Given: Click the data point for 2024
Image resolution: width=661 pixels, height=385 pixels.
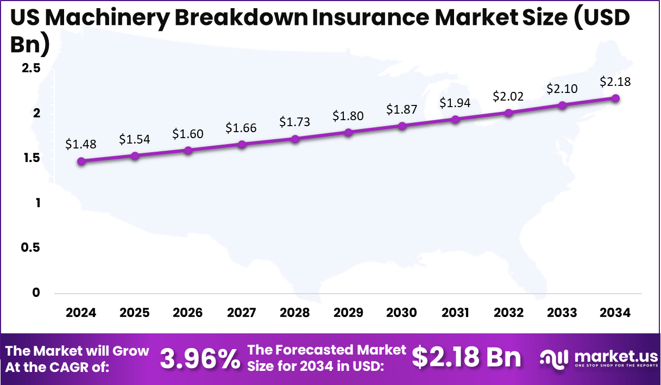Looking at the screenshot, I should [81, 161].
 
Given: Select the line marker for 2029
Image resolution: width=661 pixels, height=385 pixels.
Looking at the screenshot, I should [349, 132].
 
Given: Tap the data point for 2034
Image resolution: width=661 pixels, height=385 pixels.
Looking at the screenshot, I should [615, 98].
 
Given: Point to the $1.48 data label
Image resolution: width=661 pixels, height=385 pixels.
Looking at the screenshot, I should [81, 144].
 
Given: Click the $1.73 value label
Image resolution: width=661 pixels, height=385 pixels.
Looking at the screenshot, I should [295, 122].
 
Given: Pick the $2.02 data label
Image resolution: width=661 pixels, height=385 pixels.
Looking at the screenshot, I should [508, 96].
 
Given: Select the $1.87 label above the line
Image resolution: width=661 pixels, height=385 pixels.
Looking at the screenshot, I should [402, 109].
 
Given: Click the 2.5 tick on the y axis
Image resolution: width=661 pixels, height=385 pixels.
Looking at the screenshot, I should [31, 69].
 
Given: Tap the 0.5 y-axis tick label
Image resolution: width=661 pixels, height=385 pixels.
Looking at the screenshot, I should [31, 247].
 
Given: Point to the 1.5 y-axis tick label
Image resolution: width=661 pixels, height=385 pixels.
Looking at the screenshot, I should [31, 158].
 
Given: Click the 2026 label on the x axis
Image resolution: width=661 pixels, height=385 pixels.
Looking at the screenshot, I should [187, 313].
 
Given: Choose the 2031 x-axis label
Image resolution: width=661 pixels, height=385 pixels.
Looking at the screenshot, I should [455, 313].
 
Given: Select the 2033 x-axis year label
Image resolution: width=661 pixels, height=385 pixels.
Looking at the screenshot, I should [562, 313].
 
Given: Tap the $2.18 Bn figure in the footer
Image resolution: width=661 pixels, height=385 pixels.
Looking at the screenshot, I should [466, 357].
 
